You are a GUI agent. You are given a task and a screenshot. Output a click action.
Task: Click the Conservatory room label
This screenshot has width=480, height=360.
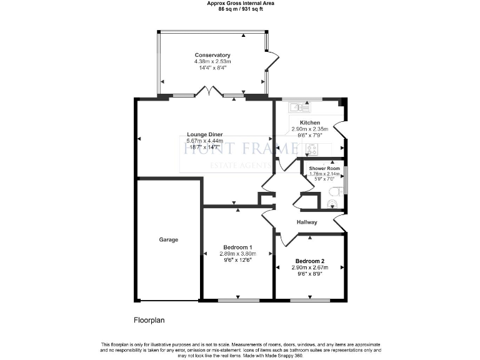point(212,56)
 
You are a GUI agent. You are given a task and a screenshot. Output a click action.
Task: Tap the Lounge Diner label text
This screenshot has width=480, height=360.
point(204,135)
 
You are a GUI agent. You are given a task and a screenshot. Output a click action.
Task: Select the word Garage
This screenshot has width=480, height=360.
point(168,239)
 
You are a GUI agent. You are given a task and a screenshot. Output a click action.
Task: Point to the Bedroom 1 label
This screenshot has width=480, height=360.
point(237,247)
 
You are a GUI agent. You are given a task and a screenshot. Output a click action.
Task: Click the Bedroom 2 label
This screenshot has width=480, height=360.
point(310,261)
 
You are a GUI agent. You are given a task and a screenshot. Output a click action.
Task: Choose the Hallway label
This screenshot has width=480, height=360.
point(307,222)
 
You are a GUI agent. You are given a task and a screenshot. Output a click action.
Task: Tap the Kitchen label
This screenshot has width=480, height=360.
point(310,122)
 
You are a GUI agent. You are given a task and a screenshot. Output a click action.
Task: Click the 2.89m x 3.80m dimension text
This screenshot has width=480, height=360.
point(237,254)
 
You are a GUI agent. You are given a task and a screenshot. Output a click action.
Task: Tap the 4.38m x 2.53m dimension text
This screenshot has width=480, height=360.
point(212,62)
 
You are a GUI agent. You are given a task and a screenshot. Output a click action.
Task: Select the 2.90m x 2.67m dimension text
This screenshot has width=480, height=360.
point(310,267)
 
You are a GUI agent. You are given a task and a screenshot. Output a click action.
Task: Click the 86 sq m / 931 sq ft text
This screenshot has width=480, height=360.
point(240,9)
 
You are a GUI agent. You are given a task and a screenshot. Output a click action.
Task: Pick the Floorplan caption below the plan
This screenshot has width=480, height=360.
point(149,320)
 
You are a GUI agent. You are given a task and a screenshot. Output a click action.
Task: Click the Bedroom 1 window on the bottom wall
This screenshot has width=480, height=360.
point(237,301)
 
